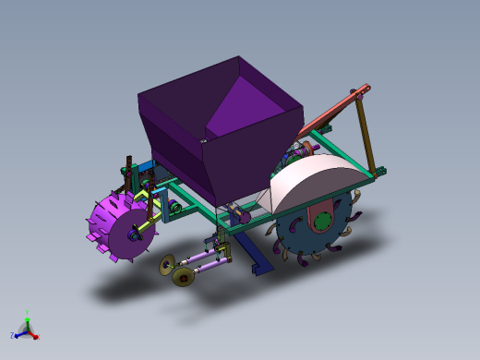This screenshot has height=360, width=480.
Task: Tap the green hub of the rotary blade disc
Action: tap(320, 222)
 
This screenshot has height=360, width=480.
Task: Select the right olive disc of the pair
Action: tap(183, 276)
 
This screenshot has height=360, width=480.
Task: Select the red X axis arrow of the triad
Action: tap(34, 335)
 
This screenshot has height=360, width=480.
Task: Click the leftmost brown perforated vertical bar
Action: tap(126, 174)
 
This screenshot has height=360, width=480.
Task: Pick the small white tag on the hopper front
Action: tap(204, 139)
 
